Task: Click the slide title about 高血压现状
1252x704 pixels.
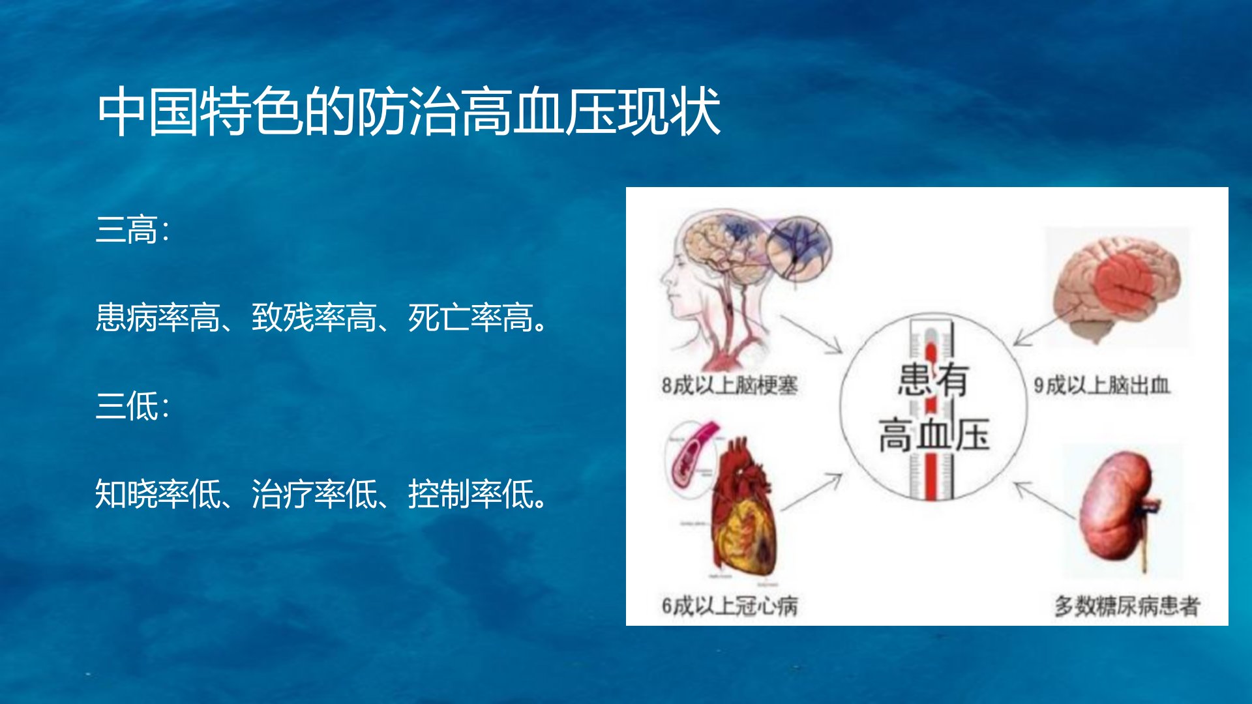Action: (409, 111)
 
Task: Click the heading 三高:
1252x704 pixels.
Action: (132, 230)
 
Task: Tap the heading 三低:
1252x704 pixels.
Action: (132, 406)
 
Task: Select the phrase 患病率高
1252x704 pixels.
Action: (158, 318)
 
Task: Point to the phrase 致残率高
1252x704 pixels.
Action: (314, 318)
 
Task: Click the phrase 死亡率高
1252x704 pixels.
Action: (471, 318)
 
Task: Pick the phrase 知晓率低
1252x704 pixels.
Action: (158, 494)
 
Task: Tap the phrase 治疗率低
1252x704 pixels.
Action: (314, 494)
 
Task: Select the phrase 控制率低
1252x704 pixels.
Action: (471, 494)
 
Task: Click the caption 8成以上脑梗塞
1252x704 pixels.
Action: (730, 385)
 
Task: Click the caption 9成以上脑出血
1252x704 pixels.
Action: (1102, 385)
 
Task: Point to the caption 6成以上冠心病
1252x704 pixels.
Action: (730, 606)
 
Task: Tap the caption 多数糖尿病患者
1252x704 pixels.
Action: (1127, 606)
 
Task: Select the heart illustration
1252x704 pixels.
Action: (743, 508)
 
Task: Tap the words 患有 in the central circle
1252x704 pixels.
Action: (933, 379)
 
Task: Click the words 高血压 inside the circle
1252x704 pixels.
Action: (934, 435)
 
